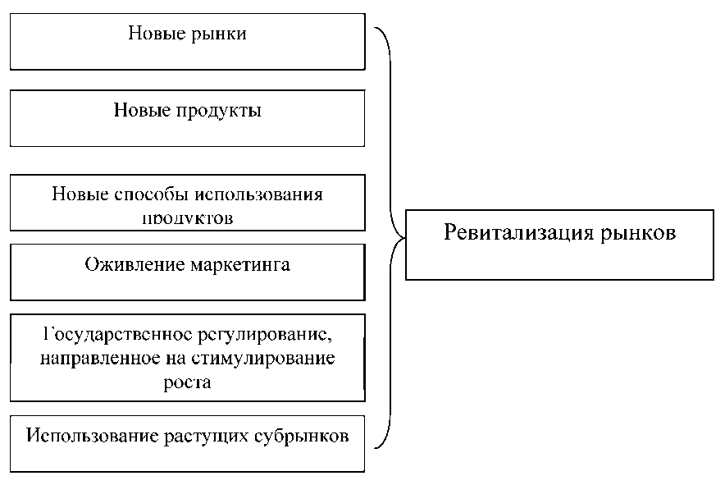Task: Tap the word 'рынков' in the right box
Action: [636, 233]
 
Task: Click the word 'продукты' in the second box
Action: [219, 110]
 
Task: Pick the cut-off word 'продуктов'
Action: [188, 220]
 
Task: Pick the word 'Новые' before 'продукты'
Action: [140, 110]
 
